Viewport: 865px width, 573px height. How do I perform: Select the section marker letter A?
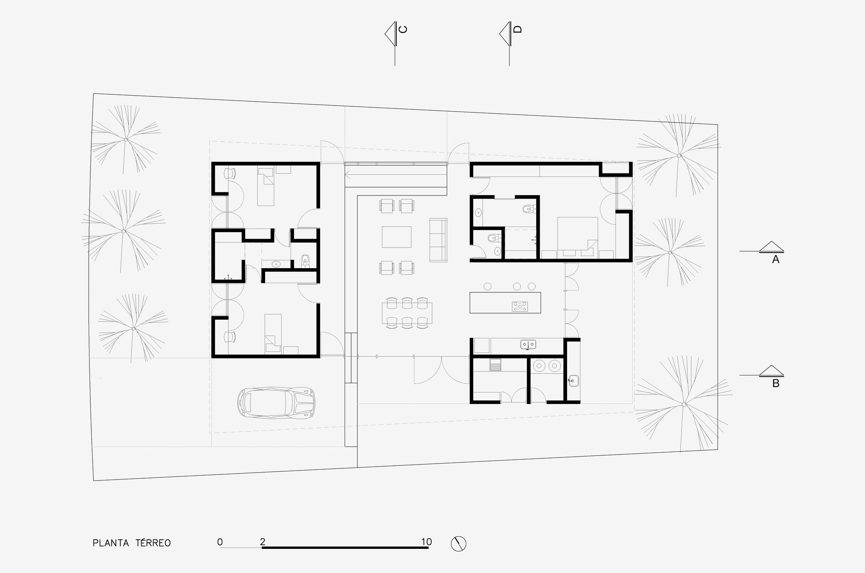pyautogui.click(x=775, y=259)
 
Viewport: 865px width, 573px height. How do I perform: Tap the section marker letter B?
pyautogui.click(x=775, y=383)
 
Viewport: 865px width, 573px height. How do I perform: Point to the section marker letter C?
pyautogui.click(x=403, y=29)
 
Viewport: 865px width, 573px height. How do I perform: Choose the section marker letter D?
pyautogui.click(x=518, y=29)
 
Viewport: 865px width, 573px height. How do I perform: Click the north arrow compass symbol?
pyautogui.click(x=458, y=544)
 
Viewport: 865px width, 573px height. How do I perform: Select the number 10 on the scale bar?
pyautogui.click(x=426, y=542)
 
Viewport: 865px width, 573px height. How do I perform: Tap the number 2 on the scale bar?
pyautogui.click(x=263, y=542)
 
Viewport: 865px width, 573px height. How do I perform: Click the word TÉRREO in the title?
pyautogui.click(x=153, y=543)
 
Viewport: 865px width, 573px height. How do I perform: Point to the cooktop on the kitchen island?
pyautogui.click(x=520, y=307)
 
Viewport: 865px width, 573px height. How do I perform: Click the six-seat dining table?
pyautogui.click(x=407, y=313)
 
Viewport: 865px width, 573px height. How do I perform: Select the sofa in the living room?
pyautogui.click(x=438, y=240)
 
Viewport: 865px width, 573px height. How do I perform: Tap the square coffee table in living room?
pyautogui.click(x=396, y=237)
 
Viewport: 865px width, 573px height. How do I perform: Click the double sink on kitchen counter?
pyautogui.click(x=528, y=344)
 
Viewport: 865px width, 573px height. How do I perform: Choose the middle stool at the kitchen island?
pyautogui.click(x=516, y=286)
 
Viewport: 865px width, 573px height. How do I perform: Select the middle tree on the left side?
pyautogui.click(x=124, y=231)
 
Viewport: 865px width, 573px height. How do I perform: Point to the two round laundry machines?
pyautogui.click(x=547, y=366)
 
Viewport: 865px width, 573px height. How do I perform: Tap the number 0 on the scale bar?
pyautogui.click(x=220, y=542)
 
